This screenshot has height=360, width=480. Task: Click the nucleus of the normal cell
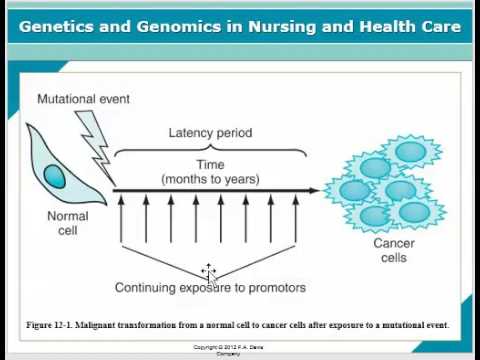pyautogui.click(x=56, y=178)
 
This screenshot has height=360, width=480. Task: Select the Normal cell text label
pyautogui.click(x=67, y=223)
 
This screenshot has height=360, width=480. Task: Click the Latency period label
pyautogui.click(x=210, y=133)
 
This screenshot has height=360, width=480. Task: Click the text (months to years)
pyautogui.click(x=210, y=179)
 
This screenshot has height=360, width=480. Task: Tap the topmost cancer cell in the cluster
pyautogui.click(x=410, y=151)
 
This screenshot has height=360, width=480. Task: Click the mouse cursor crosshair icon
pyautogui.click(x=208, y=271)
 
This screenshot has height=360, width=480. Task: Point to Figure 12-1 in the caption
pyautogui.click(x=54, y=325)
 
